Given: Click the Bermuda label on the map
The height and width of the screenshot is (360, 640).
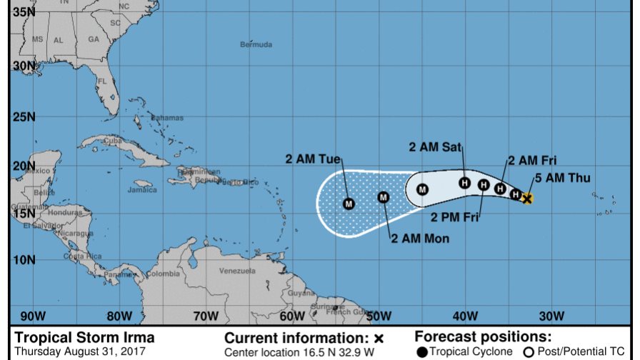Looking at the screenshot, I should (256, 45).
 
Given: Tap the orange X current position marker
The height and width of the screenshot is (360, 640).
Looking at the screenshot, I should (527, 198).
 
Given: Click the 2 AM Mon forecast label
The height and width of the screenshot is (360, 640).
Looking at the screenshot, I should (420, 239).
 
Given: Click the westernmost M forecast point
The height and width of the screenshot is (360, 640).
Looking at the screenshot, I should (349, 204).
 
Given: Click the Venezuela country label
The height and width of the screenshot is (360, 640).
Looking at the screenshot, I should (237, 271).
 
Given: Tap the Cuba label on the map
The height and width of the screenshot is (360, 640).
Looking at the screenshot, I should (111, 140).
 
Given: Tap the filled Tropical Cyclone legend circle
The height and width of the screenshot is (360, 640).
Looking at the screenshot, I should (423, 351).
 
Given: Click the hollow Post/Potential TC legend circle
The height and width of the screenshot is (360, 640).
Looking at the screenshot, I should (529, 351).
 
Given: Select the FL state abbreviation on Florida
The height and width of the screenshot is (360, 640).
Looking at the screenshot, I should (102, 81).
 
